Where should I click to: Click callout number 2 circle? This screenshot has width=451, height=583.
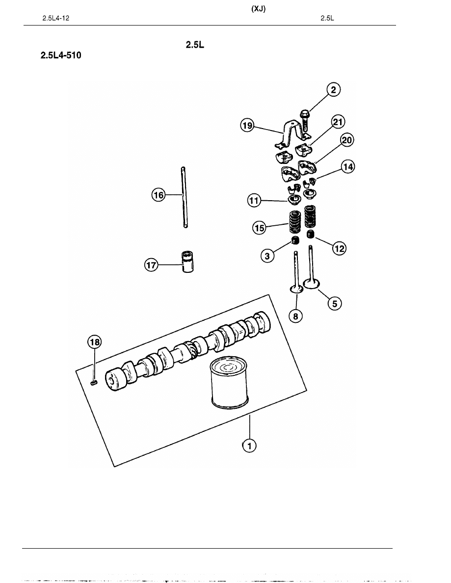pyautogui.click(x=333, y=90)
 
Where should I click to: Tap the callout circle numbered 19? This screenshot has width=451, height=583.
pyautogui.click(x=247, y=126)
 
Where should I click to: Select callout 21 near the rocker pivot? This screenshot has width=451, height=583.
pyautogui.click(x=338, y=122)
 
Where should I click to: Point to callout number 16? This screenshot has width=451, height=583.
pyautogui.click(x=159, y=195)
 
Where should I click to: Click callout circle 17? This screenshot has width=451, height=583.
pyautogui.click(x=151, y=265)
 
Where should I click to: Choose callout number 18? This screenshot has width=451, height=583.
pyautogui.click(x=94, y=342)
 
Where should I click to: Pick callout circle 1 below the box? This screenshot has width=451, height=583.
pyautogui.click(x=249, y=446)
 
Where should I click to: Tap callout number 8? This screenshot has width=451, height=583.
pyautogui.click(x=295, y=316)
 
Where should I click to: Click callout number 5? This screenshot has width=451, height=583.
pyautogui.click(x=335, y=303)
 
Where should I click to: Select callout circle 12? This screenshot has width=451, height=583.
pyautogui.click(x=339, y=248)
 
